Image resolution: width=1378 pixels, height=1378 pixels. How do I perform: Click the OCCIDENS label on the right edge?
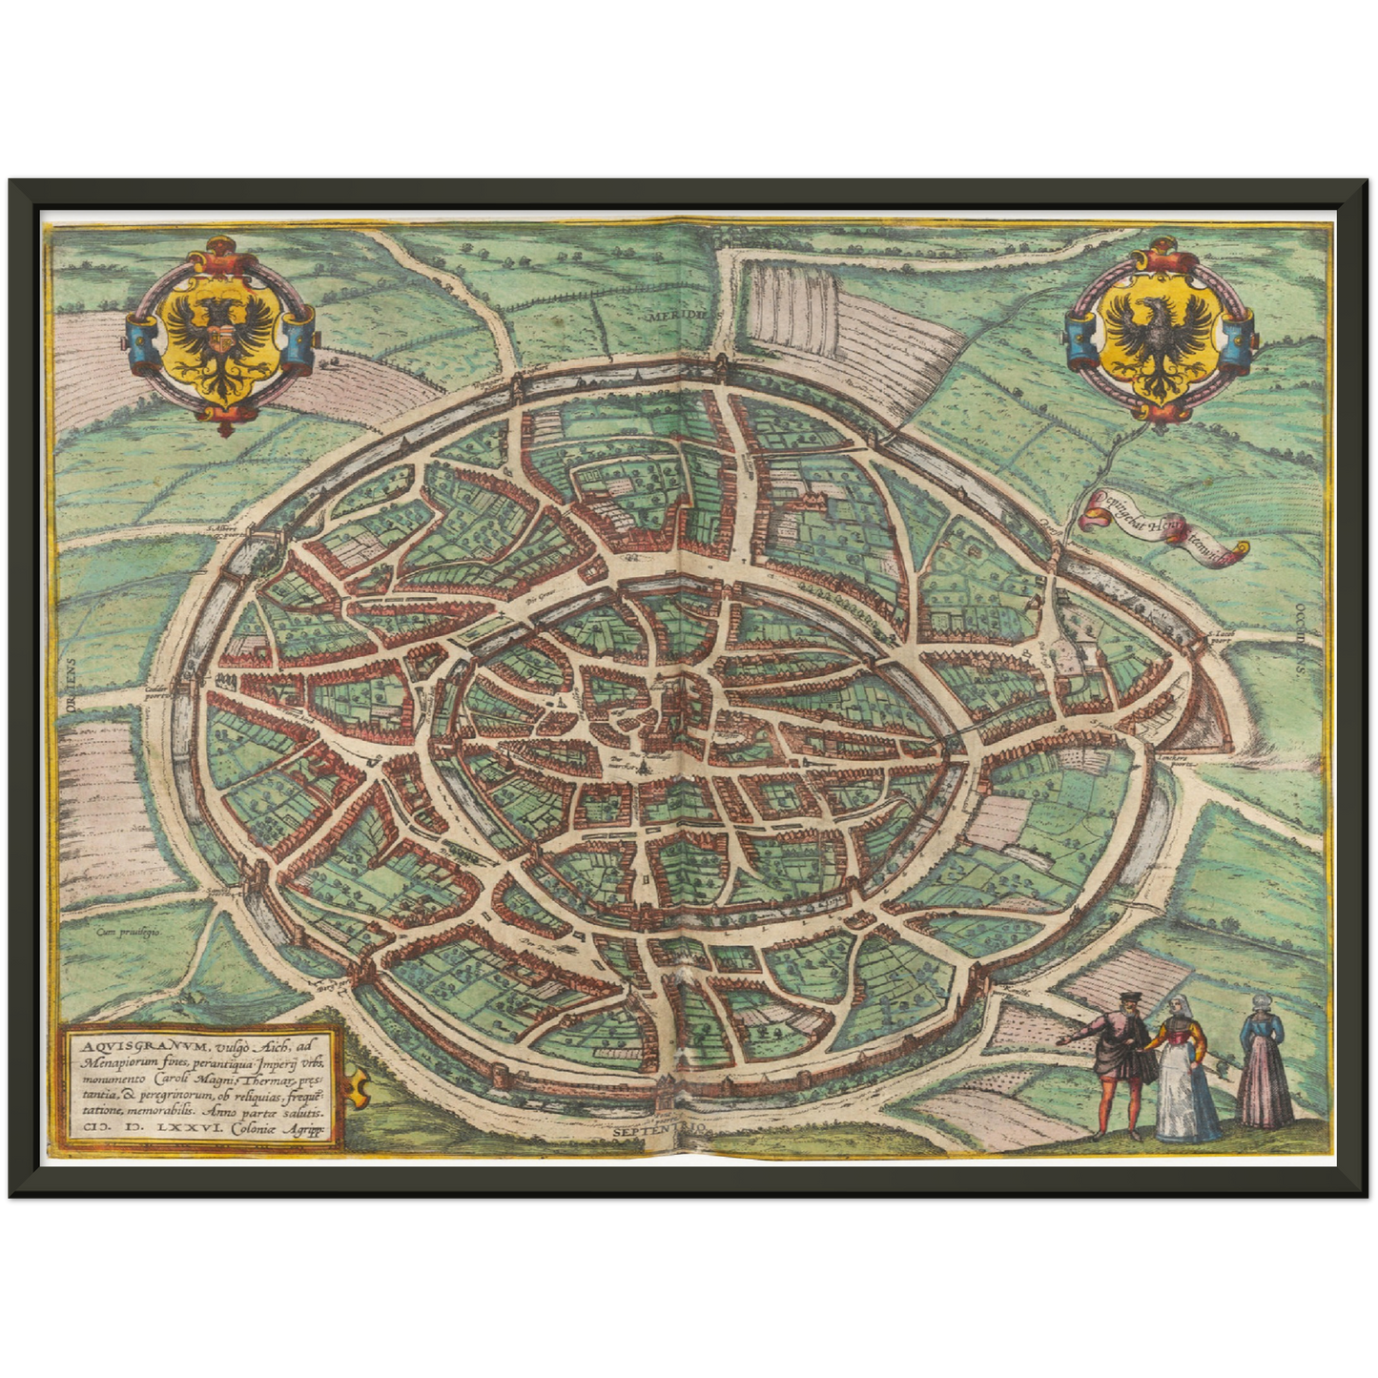point(1299,640)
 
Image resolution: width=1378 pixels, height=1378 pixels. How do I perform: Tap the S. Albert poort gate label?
point(228,527)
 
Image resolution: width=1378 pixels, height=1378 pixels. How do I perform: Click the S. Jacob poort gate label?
point(1222,637)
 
